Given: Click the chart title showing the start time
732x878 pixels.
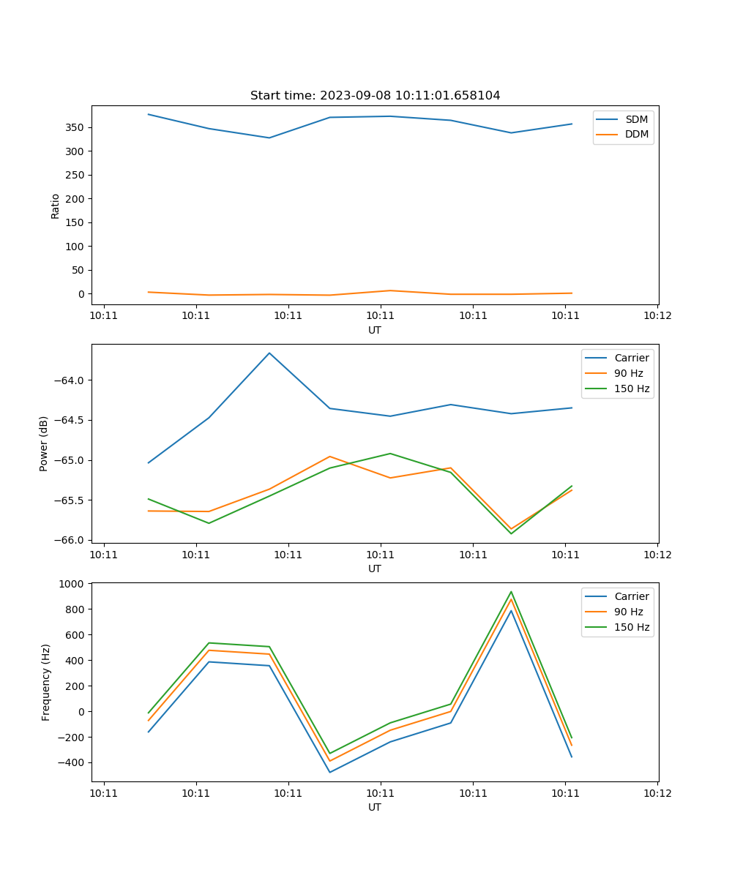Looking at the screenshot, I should [x=375, y=96].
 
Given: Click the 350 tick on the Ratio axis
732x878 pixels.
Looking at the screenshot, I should [x=74, y=127].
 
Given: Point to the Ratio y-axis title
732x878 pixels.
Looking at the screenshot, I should [x=56, y=206].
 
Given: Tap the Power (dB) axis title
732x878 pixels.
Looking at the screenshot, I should [x=44, y=443].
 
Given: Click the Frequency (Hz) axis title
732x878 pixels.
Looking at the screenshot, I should [x=46, y=682].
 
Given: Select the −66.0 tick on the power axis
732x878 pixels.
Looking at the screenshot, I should [x=68, y=540].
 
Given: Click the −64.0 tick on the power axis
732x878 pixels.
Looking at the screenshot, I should [x=68, y=380].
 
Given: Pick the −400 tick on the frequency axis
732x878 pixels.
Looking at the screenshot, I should [x=72, y=762].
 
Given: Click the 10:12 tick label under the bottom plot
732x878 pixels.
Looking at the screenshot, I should [x=657, y=793].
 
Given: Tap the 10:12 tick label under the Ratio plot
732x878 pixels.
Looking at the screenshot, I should [x=657, y=316].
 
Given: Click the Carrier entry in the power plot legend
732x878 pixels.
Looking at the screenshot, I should [x=631, y=358].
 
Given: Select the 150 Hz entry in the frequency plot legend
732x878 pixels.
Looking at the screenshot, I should [x=632, y=627].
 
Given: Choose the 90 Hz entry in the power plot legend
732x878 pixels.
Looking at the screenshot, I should [x=628, y=373].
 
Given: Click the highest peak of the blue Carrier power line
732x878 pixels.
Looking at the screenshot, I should [x=269, y=353].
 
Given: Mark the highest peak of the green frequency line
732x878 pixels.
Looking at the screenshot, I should [x=511, y=592].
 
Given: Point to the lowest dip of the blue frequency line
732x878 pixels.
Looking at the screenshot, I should [x=329, y=772].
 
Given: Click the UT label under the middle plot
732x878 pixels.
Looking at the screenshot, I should [x=375, y=569].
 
